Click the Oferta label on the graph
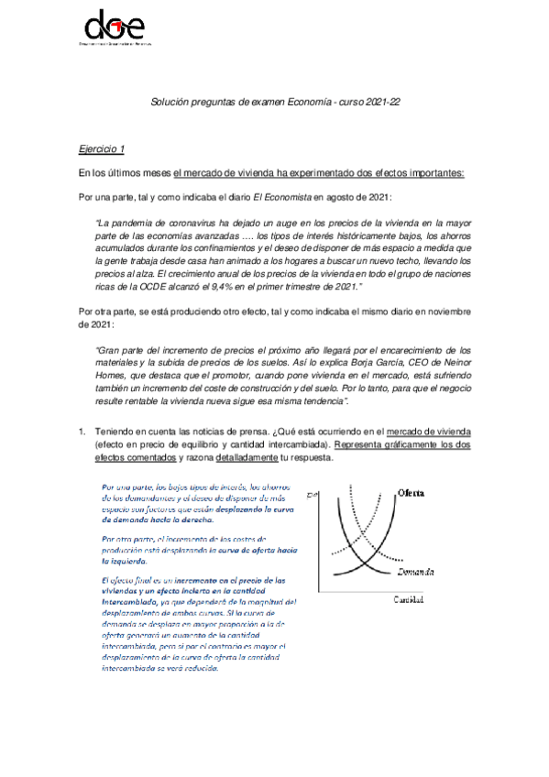tap(410, 493)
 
